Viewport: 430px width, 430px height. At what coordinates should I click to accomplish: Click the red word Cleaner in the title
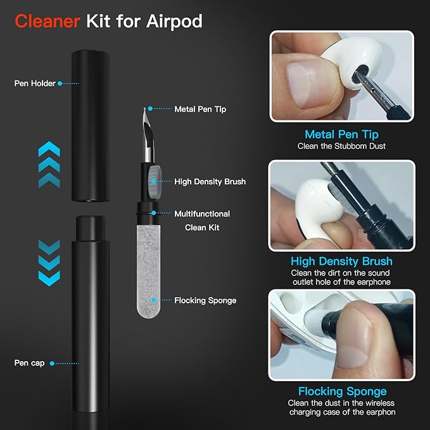coord(47,21)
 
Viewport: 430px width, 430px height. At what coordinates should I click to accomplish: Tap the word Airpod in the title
coord(175,21)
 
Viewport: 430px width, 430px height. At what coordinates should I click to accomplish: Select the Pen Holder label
coord(35,83)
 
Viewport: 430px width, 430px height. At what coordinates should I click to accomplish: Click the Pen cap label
coord(29,363)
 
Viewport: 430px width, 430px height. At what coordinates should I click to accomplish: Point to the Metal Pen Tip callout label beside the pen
coord(200,109)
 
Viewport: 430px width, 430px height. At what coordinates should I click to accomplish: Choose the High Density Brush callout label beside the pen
coord(210,182)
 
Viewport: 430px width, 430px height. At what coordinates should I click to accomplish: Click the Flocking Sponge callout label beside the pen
coord(205,300)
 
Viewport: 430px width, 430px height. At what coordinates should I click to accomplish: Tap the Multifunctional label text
coord(202,214)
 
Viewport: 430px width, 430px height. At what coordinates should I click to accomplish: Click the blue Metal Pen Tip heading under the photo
coord(341,134)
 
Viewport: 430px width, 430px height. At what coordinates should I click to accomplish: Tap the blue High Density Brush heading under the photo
coord(341,261)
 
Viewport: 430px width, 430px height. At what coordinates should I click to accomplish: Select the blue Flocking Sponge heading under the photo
coord(342,391)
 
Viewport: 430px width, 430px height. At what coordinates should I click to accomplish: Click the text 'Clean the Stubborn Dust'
coord(342,146)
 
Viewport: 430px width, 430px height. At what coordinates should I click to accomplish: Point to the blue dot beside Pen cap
coord(51,363)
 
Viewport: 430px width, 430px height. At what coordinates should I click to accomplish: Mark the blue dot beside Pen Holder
coord(60,83)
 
